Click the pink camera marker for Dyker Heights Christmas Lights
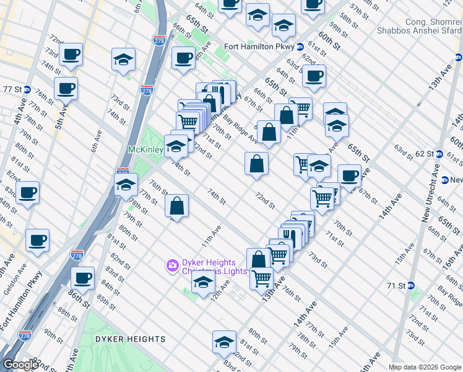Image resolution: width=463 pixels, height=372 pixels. point(171,265)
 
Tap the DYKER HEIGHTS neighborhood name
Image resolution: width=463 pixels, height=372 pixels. point(130,339)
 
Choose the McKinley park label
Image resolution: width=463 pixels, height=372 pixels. point(145,149)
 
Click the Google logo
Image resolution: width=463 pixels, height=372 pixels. point(20,365)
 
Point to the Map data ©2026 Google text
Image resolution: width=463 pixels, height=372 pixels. point(425,367)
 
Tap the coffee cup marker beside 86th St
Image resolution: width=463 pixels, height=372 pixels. point(83,278)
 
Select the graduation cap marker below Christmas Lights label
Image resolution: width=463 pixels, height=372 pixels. point(203,283)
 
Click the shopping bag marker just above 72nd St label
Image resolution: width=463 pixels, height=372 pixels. point(256,164)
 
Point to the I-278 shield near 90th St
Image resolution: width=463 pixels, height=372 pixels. point(25,335)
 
